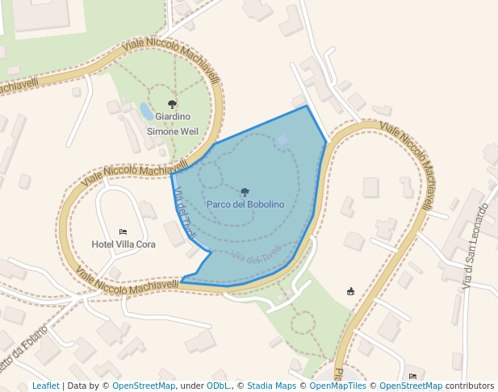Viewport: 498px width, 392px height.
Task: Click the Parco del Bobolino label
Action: [x=245, y=205]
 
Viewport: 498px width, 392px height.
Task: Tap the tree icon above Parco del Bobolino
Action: [x=245, y=192]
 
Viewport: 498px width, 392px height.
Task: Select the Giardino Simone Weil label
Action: [x=172, y=123]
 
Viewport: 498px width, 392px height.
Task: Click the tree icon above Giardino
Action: [x=172, y=104]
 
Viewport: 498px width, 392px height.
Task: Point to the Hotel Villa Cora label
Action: [x=123, y=244]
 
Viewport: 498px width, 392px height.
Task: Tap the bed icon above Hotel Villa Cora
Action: [x=123, y=232]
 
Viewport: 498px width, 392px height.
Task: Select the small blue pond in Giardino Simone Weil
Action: [x=146, y=111]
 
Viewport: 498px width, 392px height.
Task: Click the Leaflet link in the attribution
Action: [x=46, y=386]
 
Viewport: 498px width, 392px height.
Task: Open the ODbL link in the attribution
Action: [x=218, y=386]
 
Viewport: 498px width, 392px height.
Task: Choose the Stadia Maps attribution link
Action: [x=271, y=386]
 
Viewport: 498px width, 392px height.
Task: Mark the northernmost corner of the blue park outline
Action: [x=307, y=106]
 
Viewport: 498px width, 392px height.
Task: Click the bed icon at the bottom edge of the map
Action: [x=412, y=377]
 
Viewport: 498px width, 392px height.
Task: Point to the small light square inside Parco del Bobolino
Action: [x=282, y=140]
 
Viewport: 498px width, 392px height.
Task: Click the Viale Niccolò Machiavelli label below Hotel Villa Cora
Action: [x=128, y=280]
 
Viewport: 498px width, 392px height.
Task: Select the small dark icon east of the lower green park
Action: [x=350, y=291]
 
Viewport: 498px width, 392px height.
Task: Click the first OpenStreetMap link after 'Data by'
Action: [x=144, y=386]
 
